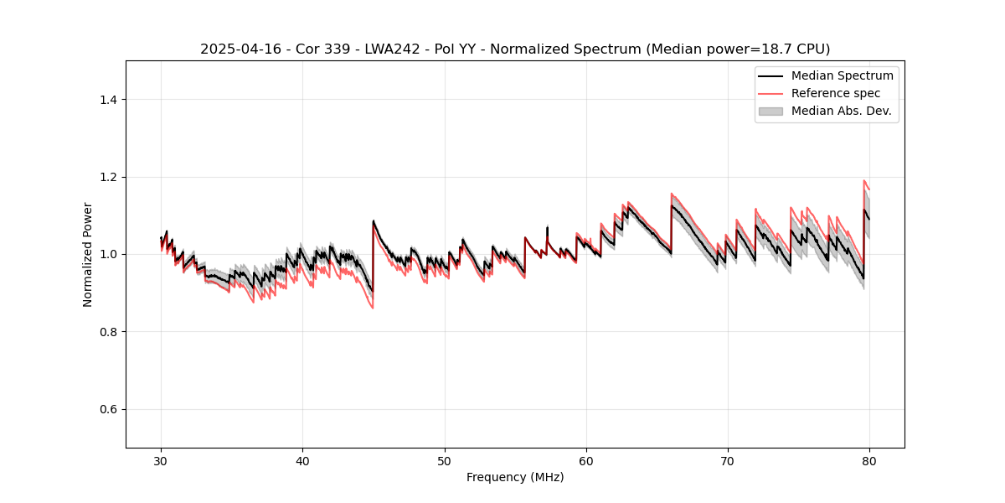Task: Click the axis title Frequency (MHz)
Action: (x=515, y=477)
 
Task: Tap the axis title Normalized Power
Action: (x=88, y=254)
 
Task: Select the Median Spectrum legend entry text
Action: (x=842, y=75)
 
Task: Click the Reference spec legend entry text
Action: (x=836, y=93)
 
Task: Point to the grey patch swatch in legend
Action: (x=770, y=111)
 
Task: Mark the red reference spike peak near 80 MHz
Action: (x=863, y=180)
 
